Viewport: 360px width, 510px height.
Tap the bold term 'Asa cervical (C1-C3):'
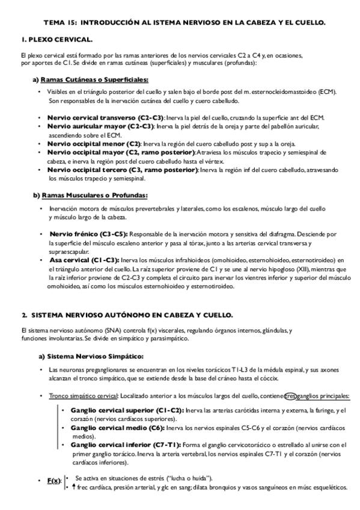84,260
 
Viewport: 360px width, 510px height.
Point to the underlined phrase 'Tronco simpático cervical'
84,396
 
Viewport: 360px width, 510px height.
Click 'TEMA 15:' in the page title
59,22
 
